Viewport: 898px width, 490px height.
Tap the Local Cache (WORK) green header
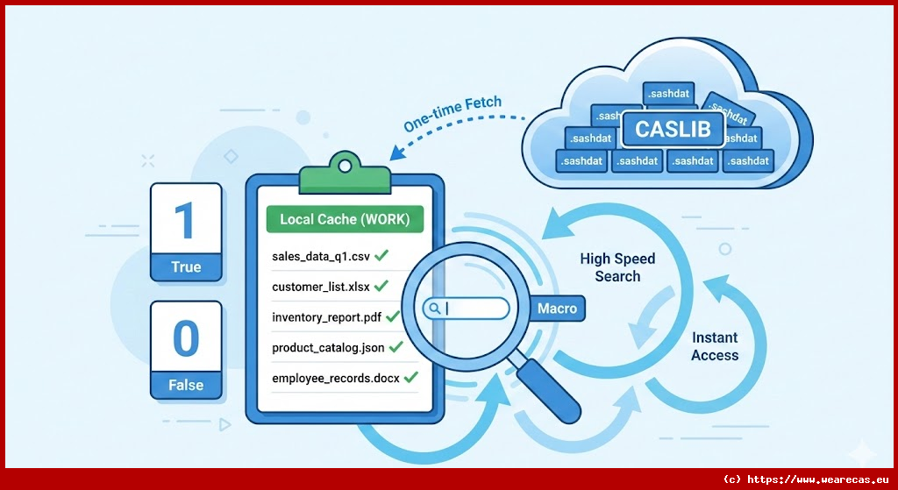[345, 218]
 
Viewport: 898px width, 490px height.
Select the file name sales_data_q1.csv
[320, 256]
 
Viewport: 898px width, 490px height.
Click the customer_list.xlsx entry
[320, 287]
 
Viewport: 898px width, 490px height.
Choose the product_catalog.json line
[328, 347]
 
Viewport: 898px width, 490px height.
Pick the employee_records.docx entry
[335, 378]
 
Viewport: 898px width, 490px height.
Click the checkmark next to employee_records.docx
[410, 377]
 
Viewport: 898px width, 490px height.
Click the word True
[186, 267]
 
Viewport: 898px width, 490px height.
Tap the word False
[186, 385]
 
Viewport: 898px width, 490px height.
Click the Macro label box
[557, 309]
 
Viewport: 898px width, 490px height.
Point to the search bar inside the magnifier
[467, 309]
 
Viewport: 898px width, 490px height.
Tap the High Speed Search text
[617, 267]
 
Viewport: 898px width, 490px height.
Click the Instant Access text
[715, 346]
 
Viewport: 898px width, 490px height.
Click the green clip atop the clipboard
[344, 175]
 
